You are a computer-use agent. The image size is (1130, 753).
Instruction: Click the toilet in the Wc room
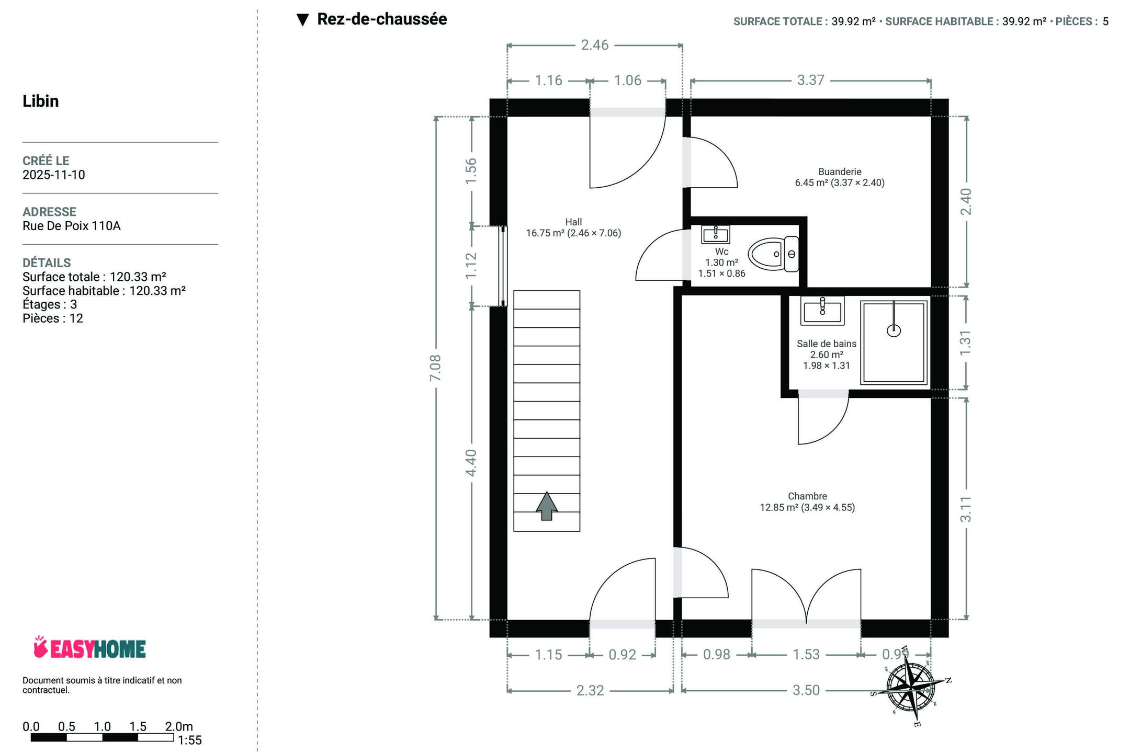pyautogui.click(x=773, y=254)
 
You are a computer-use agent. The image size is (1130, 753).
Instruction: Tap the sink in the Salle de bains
pyautogui.click(x=822, y=311)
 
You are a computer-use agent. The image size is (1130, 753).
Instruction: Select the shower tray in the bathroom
pyautogui.click(x=894, y=343)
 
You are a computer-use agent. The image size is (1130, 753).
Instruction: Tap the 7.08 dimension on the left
pyautogui.click(x=435, y=368)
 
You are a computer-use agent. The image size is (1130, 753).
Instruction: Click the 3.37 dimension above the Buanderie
pyautogui.click(x=810, y=81)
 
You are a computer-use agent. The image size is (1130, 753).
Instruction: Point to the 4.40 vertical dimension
pyautogui.click(x=471, y=463)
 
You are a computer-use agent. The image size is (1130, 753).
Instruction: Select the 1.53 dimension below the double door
pyautogui.click(x=806, y=655)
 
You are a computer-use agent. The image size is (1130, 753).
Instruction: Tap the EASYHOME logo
pyautogui.click(x=89, y=648)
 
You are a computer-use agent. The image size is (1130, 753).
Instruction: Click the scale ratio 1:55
pyautogui.click(x=189, y=740)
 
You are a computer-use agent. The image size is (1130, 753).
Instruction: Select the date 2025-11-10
pyautogui.click(x=53, y=175)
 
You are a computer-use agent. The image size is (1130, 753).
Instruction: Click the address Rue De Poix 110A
pyautogui.click(x=71, y=226)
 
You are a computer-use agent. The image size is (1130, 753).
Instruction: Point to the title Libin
pyautogui.click(x=40, y=101)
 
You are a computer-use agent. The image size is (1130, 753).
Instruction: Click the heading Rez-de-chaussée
pyautogui.click(x=381, y=19)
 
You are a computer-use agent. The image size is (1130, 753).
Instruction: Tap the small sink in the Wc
pyautogui.click(x=715, y=234)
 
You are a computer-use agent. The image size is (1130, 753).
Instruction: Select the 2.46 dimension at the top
pyautogui.click(x=595, y=45)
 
